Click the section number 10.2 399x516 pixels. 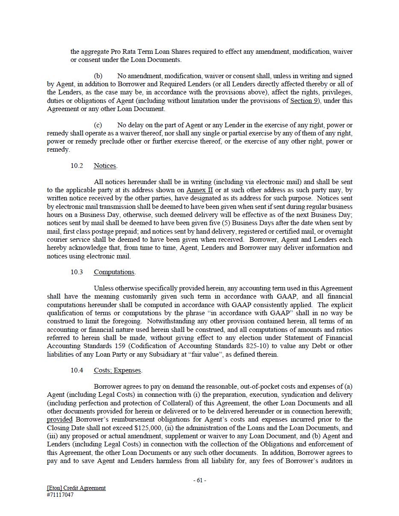pos(77,166)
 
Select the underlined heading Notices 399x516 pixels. pos(105,166)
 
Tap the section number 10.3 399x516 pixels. pos(77,272)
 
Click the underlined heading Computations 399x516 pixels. pos(114,272)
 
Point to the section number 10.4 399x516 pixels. pos(77,370)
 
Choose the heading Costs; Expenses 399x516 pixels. pos(117,370)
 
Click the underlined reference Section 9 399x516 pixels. pos(305,101)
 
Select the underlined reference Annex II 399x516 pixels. pos(200,190)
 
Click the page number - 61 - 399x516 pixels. pos(199,480)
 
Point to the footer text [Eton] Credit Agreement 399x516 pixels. pos(76,488)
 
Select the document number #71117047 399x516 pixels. pos(60,495)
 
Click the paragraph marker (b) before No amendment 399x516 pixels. pos(98,76)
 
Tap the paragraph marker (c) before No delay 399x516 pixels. pos(98,125)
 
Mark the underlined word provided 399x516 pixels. pos(59,419)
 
